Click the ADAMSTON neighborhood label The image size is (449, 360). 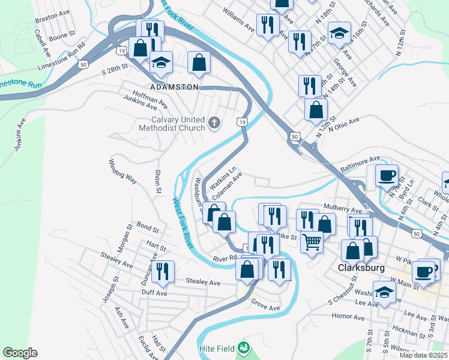pos(174,87)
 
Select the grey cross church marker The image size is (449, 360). pos(214,124)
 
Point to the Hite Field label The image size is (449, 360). pos(217,347)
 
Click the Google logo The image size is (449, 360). pos(20,353)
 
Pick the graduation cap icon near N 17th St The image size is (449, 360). pos(339,33)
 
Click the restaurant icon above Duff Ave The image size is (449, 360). pos(162,272)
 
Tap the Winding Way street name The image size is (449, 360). pos(122,171)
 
